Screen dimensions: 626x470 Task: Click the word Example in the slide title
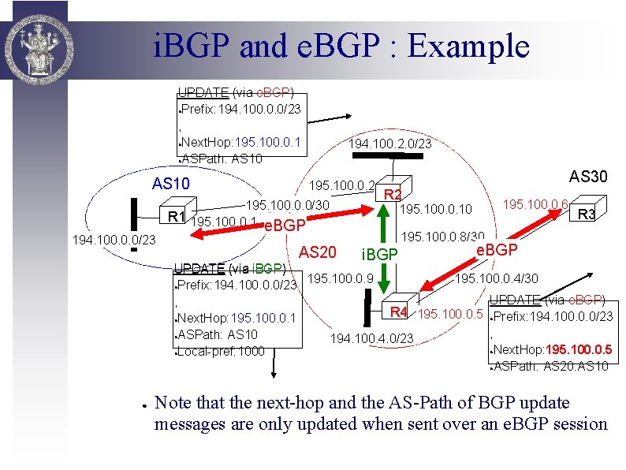(x=469, y=46)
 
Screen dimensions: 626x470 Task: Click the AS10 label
(x=171, y=184)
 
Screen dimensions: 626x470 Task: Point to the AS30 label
(x=587, y=176)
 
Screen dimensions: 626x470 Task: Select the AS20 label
(x=319, y=252)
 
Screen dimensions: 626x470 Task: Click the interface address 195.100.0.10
(x=436, y=209)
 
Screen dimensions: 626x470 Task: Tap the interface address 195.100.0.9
(x=334, y=278)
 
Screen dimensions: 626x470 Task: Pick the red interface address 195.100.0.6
(x=536, y=204)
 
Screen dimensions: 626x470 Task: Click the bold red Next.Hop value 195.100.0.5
(x=579, y=350)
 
